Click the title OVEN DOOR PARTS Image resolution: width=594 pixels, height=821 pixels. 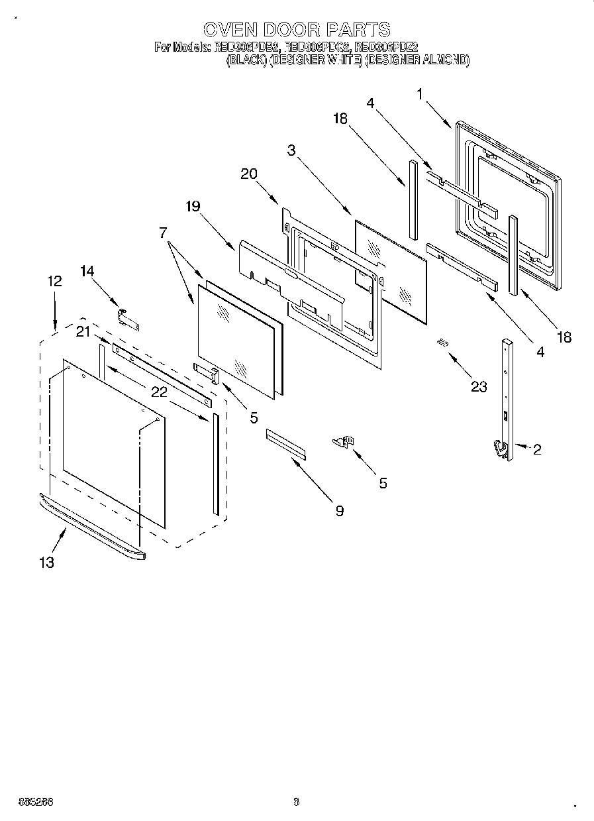click(x=296, y=29)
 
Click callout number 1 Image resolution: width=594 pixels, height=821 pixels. click(x=420, y=94)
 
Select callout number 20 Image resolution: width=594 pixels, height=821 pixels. click(x=248, y=174)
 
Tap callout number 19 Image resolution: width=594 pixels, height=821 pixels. click(x=193, y=206)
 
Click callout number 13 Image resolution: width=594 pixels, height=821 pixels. click(x=46, y=563)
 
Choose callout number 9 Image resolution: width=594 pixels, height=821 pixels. click(x=339, y=511)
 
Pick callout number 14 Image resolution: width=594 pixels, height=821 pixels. click(x=88, y=271)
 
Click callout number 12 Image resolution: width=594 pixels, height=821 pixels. click(x=54, y=281)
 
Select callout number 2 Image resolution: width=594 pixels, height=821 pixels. click(x=537, y=450)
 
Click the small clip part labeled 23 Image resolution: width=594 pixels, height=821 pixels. click(x=442, y=342)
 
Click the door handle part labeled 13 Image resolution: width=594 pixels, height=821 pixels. click(x=93, y=527)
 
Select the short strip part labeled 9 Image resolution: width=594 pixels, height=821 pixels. click(x=286, y=443)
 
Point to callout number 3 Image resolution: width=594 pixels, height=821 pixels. click(x=291, y=150)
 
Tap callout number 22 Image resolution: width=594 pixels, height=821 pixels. click(x=159, y=392)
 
